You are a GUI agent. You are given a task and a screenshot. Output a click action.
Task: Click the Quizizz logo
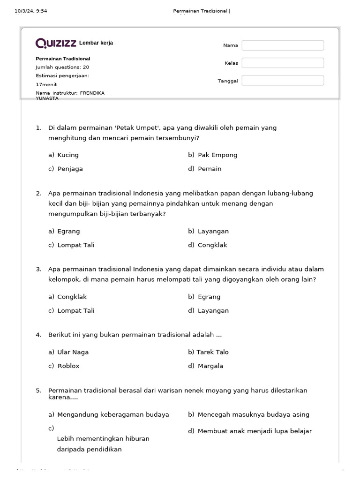(x=56, y=43)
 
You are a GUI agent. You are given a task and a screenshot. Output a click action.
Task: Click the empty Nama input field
(x=283, y=45)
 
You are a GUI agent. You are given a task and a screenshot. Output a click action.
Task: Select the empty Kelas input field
(x=283, y=63)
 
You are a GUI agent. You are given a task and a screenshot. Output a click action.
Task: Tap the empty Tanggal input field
(x=283, y=81)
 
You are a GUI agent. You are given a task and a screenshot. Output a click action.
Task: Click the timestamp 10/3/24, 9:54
(x=31, y=11)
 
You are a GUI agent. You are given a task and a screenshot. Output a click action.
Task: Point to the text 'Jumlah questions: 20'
(x=62, y=67)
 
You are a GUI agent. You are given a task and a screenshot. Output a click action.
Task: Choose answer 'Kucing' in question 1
(x=68, y=155)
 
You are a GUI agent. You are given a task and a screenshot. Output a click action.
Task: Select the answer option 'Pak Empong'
(x=217, y=155)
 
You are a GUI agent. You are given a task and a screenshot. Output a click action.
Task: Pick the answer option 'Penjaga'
(x=70, y=169)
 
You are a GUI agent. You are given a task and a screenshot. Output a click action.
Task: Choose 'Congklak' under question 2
(x=213, y=245)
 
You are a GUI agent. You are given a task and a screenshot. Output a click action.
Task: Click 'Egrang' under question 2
(x=68, y=231)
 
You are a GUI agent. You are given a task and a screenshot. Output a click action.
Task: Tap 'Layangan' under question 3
(x=213, y=310)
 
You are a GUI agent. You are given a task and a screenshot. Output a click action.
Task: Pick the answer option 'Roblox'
(x=68, y=366)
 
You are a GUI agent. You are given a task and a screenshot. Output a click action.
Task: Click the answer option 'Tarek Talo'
(x=213, y=352)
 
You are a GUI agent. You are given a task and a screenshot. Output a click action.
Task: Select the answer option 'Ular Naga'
(x=73, y=352)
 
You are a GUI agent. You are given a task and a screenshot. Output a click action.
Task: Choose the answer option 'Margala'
(x=210, y=366)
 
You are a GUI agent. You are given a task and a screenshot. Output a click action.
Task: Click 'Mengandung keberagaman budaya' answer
(x=113, y=414)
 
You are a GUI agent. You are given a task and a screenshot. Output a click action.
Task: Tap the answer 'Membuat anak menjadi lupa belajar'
(x=255, y=431)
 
